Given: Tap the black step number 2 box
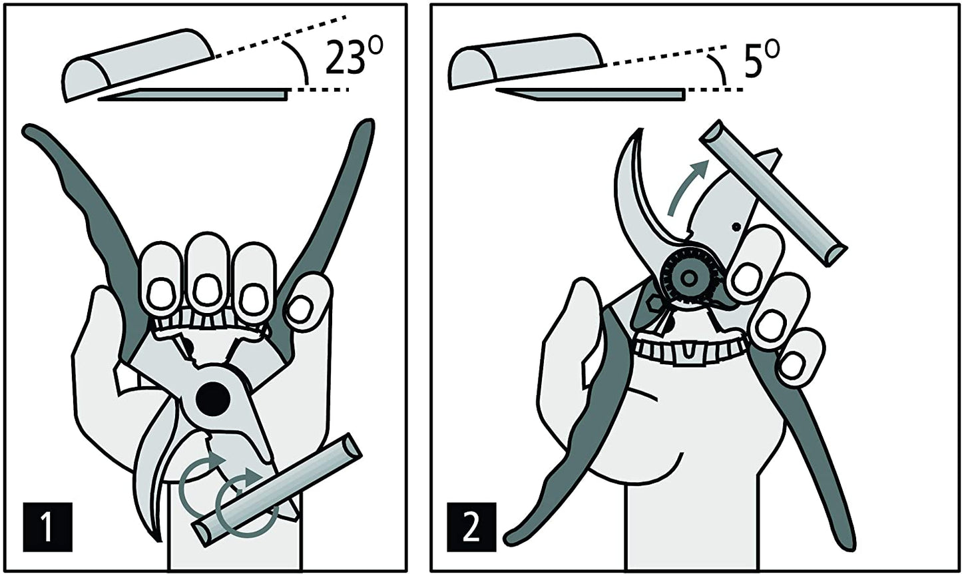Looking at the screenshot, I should click(471, 526).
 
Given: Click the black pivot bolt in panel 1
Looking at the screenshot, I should click(214, 398).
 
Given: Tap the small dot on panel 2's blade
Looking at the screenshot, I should click(736, 227).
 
